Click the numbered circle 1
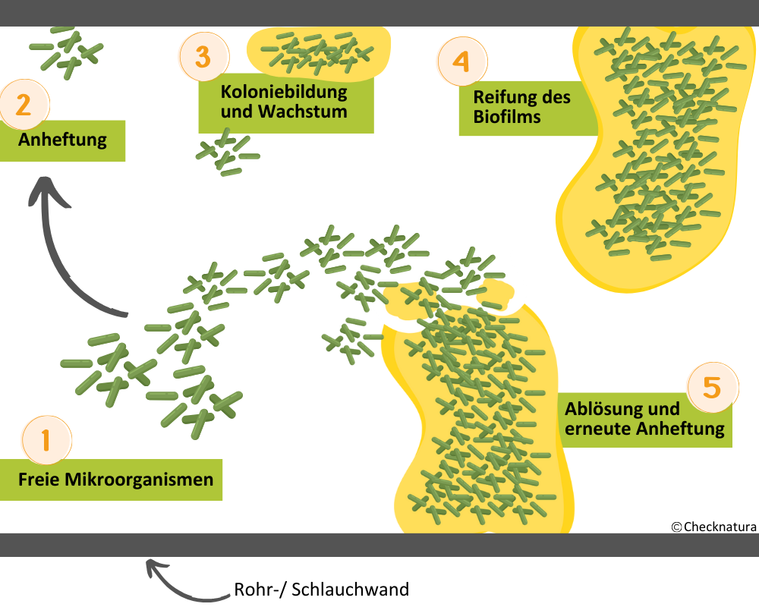46,439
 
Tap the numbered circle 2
24,104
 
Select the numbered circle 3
203,56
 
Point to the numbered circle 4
462,61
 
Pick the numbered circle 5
712,387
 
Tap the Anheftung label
62,140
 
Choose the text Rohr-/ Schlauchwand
322,590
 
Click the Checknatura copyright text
713,526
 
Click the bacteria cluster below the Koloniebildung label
226,153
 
